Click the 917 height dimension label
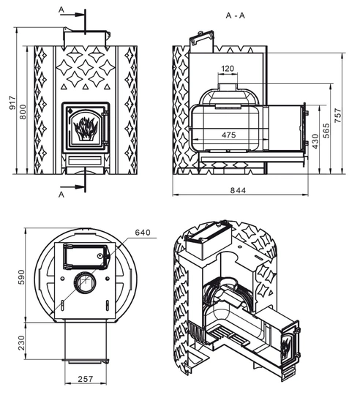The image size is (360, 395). tap(12, 103)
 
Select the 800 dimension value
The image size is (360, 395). tap(23, 112)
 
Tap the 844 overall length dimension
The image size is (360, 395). tap(238, 190)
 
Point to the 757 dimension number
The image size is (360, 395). tap(338, 116)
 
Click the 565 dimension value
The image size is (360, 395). tap(326, 130)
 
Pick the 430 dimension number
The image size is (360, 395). tap(315, 141)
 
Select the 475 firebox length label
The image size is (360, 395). tap(229, 135)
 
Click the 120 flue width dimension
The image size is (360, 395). tap(228, 68)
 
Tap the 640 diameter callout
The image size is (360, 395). tap(143, 233)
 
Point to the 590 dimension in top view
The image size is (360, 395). tap(22, 276)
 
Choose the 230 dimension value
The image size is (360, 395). tap(22, 342)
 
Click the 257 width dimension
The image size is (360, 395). tap(86, 379)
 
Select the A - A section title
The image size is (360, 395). tap(236, 15)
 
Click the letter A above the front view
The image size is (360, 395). tap(61, 10)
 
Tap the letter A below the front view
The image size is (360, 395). tap(61, 195)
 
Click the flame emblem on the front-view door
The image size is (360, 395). tap(86, 129)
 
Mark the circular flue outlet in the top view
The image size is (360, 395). tap(85, 282)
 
